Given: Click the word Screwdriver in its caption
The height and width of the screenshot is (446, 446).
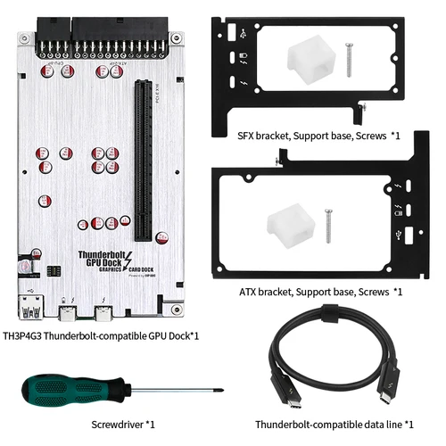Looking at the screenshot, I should [116, 424].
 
